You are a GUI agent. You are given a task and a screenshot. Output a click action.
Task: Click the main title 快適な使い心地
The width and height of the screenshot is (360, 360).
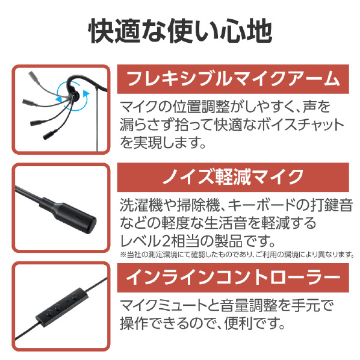pos(180,31)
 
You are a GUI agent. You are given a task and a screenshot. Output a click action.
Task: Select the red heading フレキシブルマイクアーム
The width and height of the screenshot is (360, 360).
pos(233,79)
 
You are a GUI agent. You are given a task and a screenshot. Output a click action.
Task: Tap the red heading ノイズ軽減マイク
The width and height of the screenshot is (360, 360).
pos(233,177)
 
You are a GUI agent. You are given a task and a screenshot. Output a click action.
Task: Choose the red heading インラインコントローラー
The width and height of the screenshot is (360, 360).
pos(233,278)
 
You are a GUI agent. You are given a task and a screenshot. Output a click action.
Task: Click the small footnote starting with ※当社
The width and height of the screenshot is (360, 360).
pos(237,255)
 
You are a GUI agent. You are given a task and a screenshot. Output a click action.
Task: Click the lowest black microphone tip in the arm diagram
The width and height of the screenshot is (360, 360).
pos(50,134)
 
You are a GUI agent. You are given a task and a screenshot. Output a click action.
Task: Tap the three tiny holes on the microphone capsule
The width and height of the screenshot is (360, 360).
pos(79,217)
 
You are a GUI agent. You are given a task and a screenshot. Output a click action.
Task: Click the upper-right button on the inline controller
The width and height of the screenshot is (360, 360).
pos(74,296)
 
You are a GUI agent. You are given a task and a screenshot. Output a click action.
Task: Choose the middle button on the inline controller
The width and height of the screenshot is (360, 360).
pos(58,306)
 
